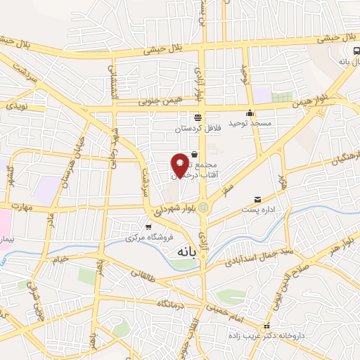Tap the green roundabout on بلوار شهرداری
point(203,207)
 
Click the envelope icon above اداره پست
point(257,200)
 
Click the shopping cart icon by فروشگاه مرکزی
point(148,226)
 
